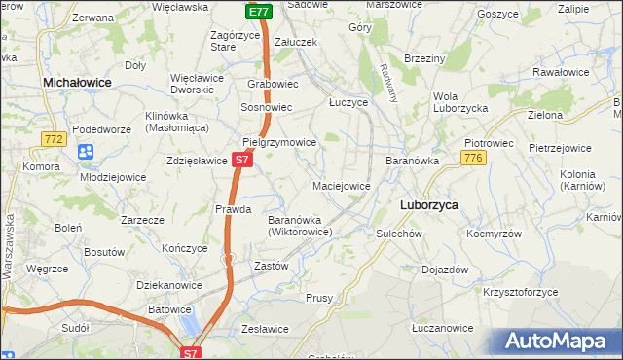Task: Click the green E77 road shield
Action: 257,12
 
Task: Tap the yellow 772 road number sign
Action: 54,139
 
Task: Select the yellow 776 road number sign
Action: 474,158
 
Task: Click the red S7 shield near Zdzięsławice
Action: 243,159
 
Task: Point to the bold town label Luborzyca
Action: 429,205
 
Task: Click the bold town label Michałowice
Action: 77,85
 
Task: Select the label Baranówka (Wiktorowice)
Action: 301,226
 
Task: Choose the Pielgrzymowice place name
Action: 279,142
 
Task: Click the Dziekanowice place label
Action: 169,285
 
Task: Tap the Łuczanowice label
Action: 442,329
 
